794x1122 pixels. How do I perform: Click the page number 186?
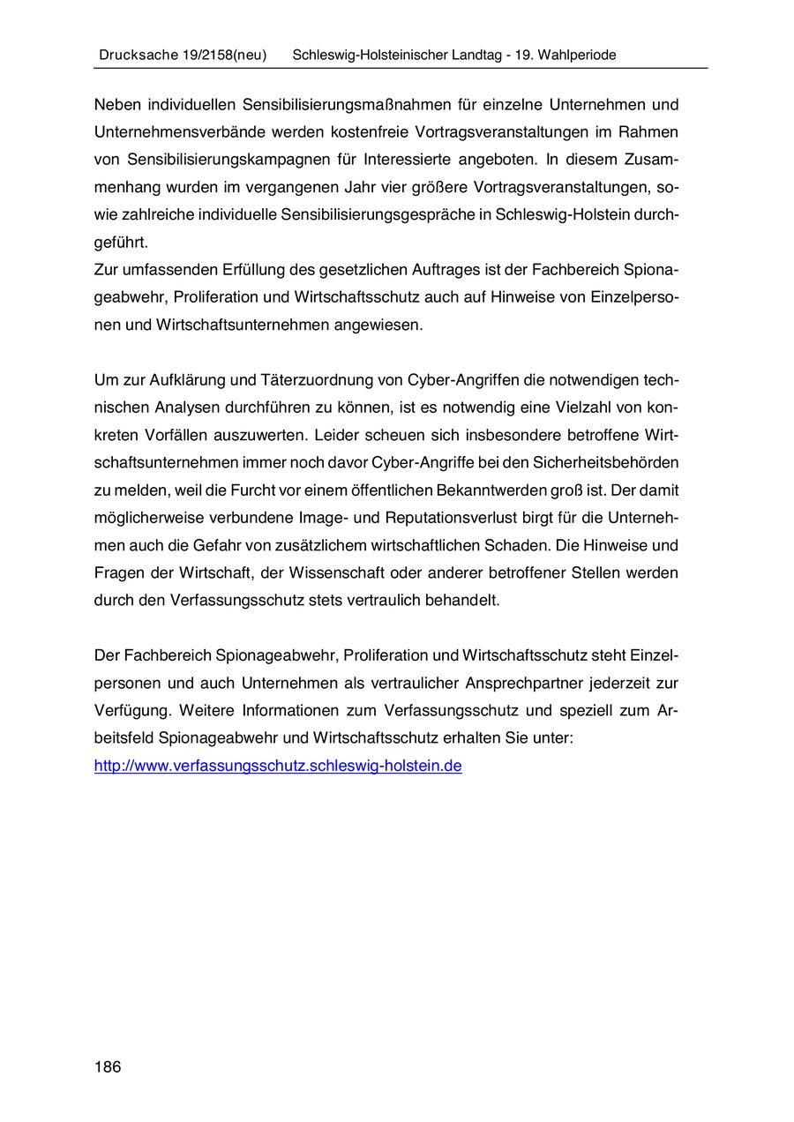point(107,1067)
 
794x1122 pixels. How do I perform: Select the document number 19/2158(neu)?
point(224,55)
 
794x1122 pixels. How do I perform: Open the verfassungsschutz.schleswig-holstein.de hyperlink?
point(278,766)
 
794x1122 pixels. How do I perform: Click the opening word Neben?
point(116,104)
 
